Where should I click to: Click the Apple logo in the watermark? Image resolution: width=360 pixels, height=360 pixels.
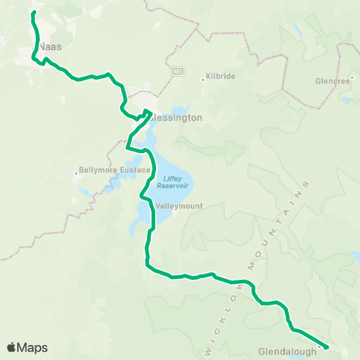[x=11, y=347]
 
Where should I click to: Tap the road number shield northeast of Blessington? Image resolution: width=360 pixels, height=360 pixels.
[x=178, y=71]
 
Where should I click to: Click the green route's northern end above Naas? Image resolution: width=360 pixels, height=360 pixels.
[x=34, y=13]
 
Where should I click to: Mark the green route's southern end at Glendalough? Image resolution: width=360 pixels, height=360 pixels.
[x=326, y=346]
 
